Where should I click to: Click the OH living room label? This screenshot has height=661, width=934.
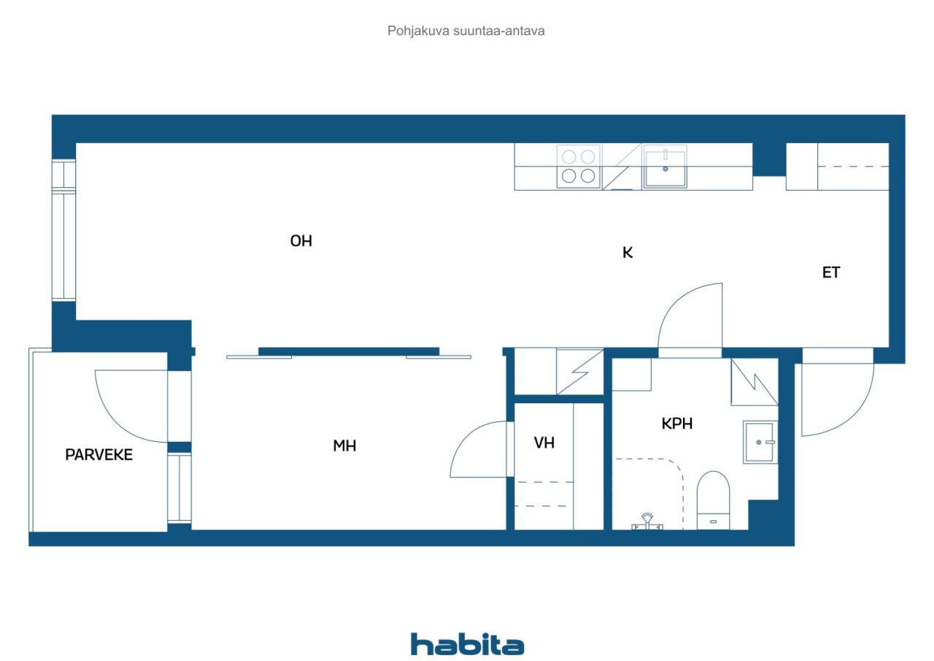(301, 241)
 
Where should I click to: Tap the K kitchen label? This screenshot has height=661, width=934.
(628, 253)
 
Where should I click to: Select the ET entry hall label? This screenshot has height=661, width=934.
(831, 272)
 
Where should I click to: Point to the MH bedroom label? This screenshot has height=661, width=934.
(344, 446)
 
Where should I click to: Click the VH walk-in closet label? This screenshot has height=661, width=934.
(544, 443)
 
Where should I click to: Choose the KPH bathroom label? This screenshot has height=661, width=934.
(676, 424)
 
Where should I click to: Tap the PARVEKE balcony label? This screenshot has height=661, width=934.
(99, 454)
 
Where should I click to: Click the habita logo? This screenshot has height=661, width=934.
(467, 644)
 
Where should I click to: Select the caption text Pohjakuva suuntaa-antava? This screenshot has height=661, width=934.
(466, 31)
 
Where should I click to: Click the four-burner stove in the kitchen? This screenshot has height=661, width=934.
(579, 167)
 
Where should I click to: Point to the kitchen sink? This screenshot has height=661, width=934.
(665, 167)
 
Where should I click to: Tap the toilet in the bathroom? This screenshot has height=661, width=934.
(713, 500)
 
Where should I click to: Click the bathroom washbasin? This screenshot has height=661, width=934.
(760, 443)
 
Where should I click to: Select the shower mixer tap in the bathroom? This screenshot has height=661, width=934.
(647, 522)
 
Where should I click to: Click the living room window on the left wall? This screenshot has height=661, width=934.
(63, 230)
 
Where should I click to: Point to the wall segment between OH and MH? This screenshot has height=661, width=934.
(349, 352)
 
